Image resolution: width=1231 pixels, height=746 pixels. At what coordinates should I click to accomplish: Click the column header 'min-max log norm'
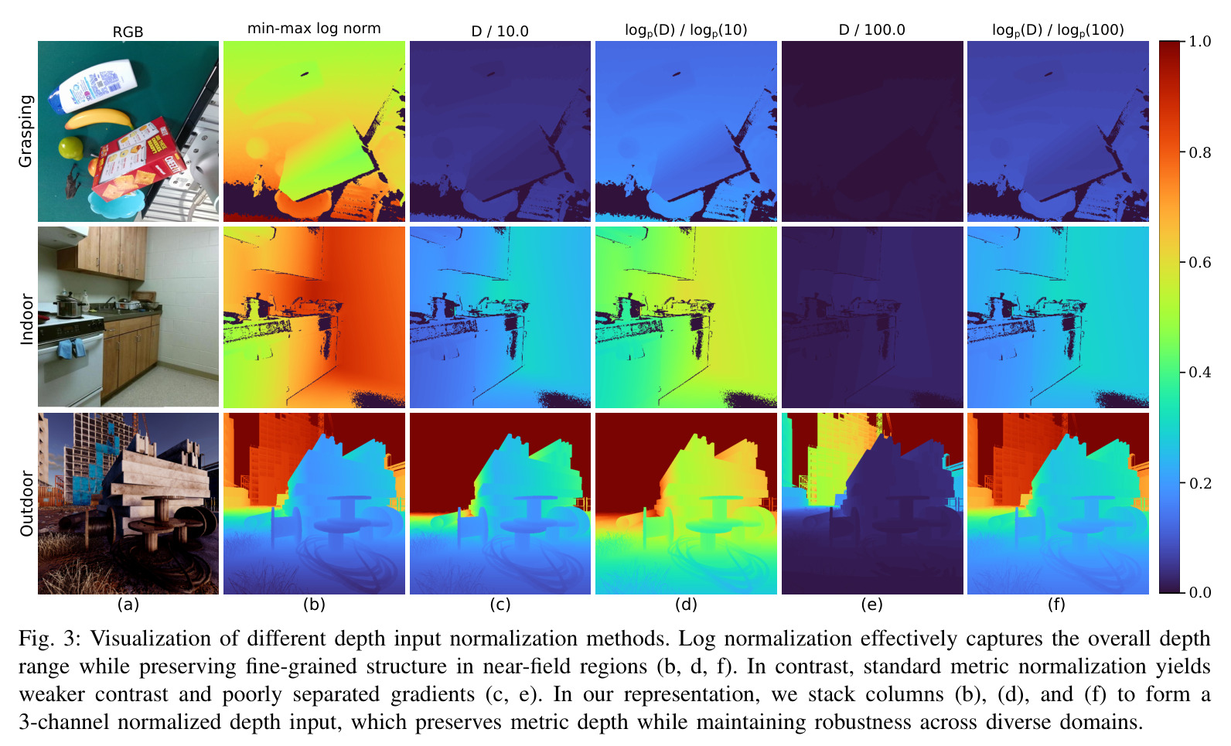(314, 29)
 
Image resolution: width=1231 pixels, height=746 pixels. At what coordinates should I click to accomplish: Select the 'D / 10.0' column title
(500, 31)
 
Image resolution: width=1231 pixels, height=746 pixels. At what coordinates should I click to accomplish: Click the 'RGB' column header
(128, 32)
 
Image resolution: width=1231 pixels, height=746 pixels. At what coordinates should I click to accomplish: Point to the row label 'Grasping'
(26, 131)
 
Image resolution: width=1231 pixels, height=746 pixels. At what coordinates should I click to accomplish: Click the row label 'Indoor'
(26, 319)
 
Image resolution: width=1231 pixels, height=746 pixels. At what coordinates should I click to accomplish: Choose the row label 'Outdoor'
(26, 503)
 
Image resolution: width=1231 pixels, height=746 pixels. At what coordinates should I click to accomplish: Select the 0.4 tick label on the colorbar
(1199, 373)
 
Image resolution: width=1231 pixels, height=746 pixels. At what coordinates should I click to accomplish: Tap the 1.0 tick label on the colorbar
(1199, 42)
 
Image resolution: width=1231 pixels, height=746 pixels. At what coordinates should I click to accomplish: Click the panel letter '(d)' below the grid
(686, 605)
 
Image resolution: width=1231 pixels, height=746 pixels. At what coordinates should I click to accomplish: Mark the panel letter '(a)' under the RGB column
(128, 605)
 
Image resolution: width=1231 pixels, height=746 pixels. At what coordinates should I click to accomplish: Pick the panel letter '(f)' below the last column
(1057, 605)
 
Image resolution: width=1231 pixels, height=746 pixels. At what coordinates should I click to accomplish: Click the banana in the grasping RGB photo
(99, 118)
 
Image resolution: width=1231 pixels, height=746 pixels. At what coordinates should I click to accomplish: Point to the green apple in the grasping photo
(71, 147)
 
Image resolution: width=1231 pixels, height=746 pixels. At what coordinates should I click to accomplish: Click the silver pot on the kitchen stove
(69, 305)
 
